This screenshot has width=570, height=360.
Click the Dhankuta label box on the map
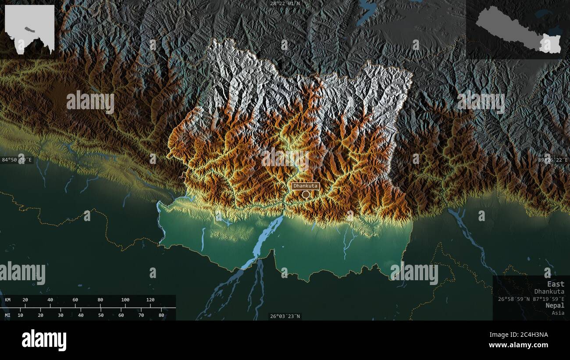306,186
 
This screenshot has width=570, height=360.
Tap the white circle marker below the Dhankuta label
306,194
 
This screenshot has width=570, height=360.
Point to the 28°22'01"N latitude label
285,4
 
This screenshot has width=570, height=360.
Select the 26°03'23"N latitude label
285,316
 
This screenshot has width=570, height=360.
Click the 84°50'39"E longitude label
17,160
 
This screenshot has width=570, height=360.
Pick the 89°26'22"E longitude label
553,160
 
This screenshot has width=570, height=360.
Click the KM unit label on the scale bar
8,300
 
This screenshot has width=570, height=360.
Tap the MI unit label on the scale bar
8,315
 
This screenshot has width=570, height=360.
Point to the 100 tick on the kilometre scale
125,300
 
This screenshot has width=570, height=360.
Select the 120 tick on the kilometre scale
150,300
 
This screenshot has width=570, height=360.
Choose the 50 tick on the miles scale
101,315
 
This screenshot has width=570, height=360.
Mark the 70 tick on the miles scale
141,315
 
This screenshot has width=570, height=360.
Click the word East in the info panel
556,284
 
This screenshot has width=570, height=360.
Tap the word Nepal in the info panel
555,305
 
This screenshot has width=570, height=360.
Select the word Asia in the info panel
558,313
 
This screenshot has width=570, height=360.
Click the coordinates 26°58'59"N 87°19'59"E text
531,299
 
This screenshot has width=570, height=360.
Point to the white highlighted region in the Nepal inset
550,44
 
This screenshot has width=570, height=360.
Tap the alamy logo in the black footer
44,340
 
